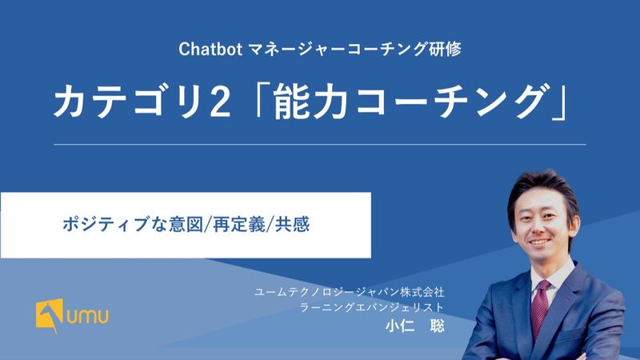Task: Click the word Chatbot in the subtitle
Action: [x=210, y=50]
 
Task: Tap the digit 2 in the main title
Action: [x=220, y=102]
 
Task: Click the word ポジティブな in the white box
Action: [x=114, y=225]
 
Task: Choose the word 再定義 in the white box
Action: [x=238, y=225]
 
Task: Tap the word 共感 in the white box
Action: [x=292, y=225]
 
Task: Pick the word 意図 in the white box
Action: [x=186, y=225]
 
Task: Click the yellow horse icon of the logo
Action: [x=50, y=315]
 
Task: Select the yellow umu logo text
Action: [x=88, y=316]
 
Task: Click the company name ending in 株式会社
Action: [x=350, y=292]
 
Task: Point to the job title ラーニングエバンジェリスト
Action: [x=372, y=307]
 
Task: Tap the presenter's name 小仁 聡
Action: [x=415, y=326]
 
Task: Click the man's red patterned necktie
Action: [x=540, y=309]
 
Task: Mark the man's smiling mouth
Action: [x=539, y=242]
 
